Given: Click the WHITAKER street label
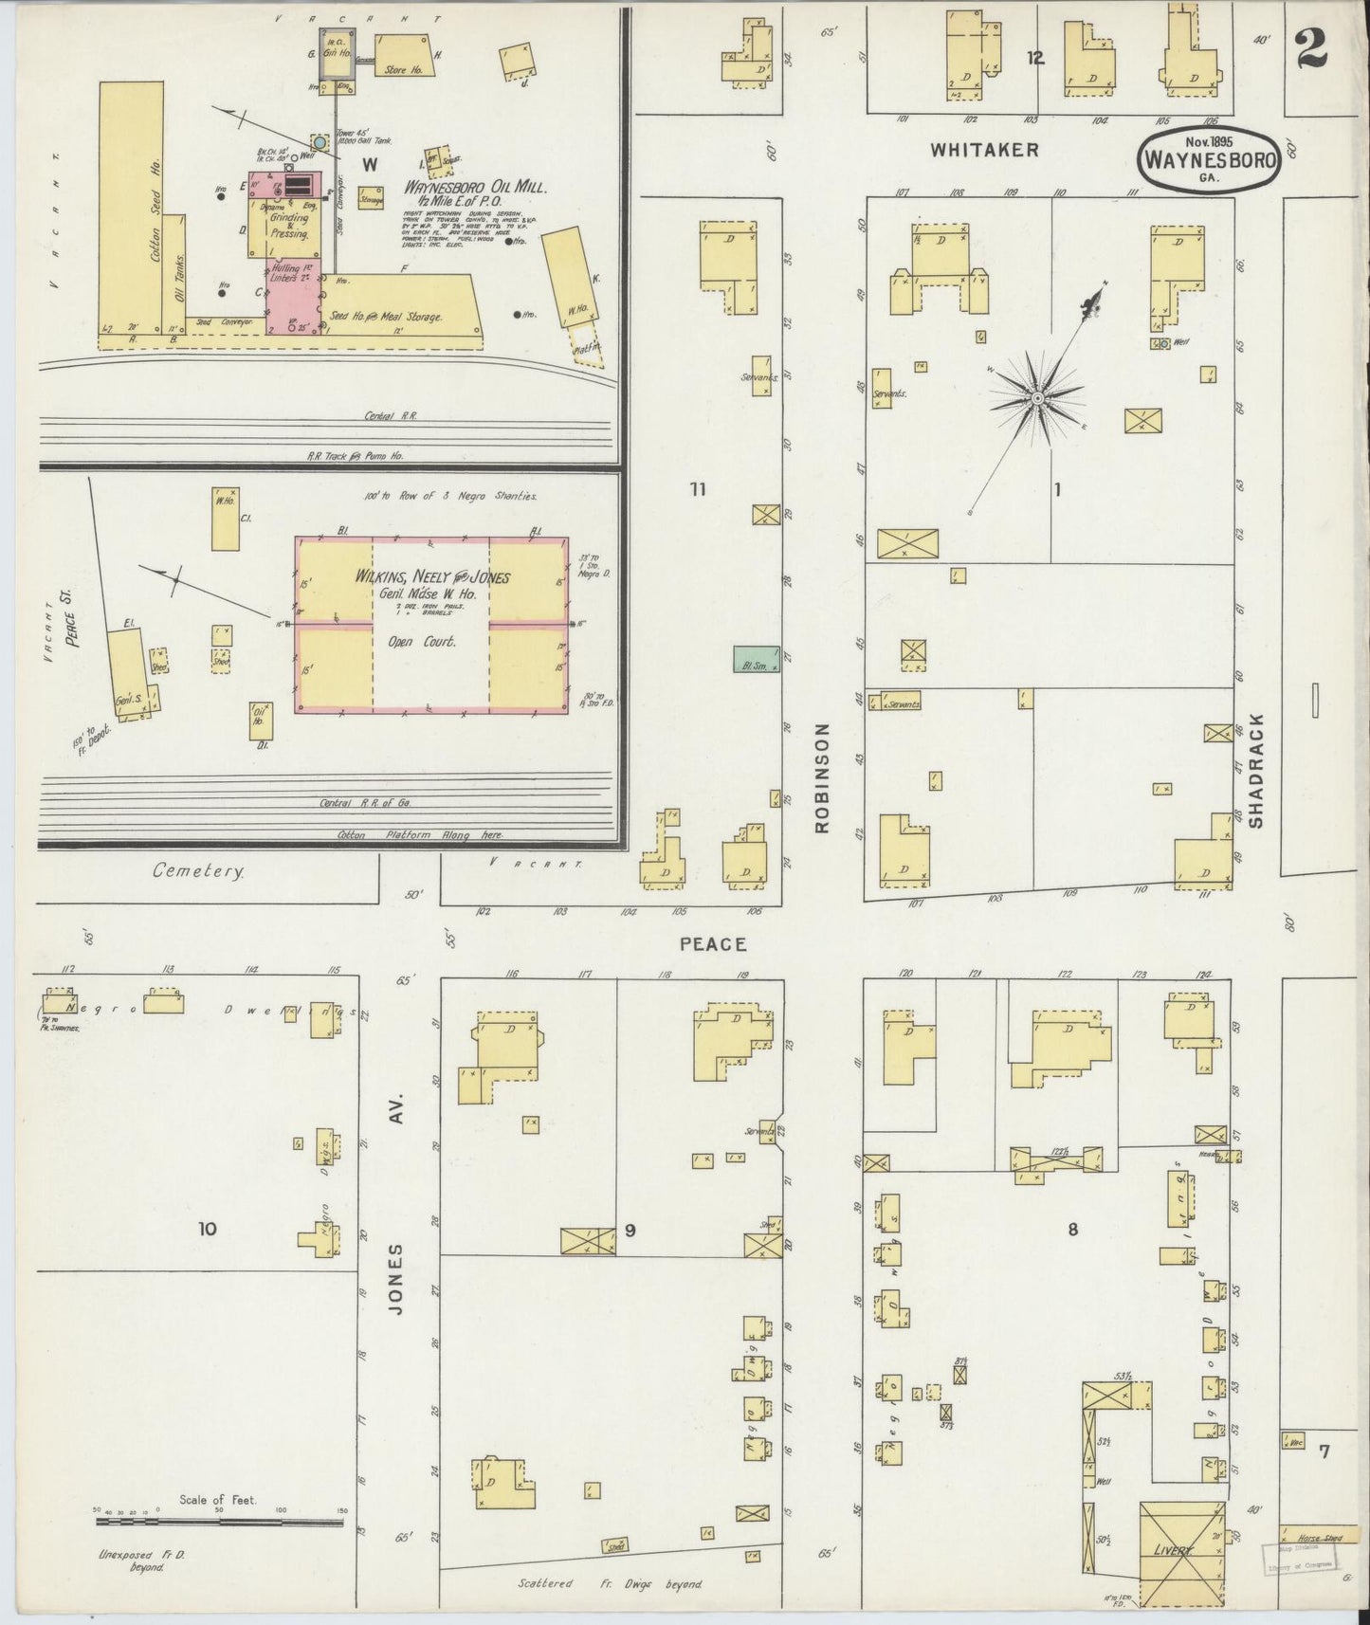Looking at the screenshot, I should pyautogui.click(x=984, y=149).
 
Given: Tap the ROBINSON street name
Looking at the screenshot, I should pyautogui.click(x=821, y=778).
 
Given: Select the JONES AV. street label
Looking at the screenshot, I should pyautogui.click(x=396, y=1261).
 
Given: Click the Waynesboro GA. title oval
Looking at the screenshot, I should pyautogui.click(x=1209, y=162).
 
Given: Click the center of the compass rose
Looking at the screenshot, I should pyautogui.click(x=1037, y=399).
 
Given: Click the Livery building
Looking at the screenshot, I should pyautogui.click(x=1181, y=1552).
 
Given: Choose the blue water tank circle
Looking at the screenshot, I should pyautogui.click(x=320, y=142).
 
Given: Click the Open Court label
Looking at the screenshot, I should pyautogui.click(x=429, y=641).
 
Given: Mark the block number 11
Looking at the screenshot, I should pyautogui.click(x=699, y=489).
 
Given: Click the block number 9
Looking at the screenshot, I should pyautogui.click(x=630, y=1231).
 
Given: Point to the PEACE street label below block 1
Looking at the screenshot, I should pyautogui.click(x=713, y=944).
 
